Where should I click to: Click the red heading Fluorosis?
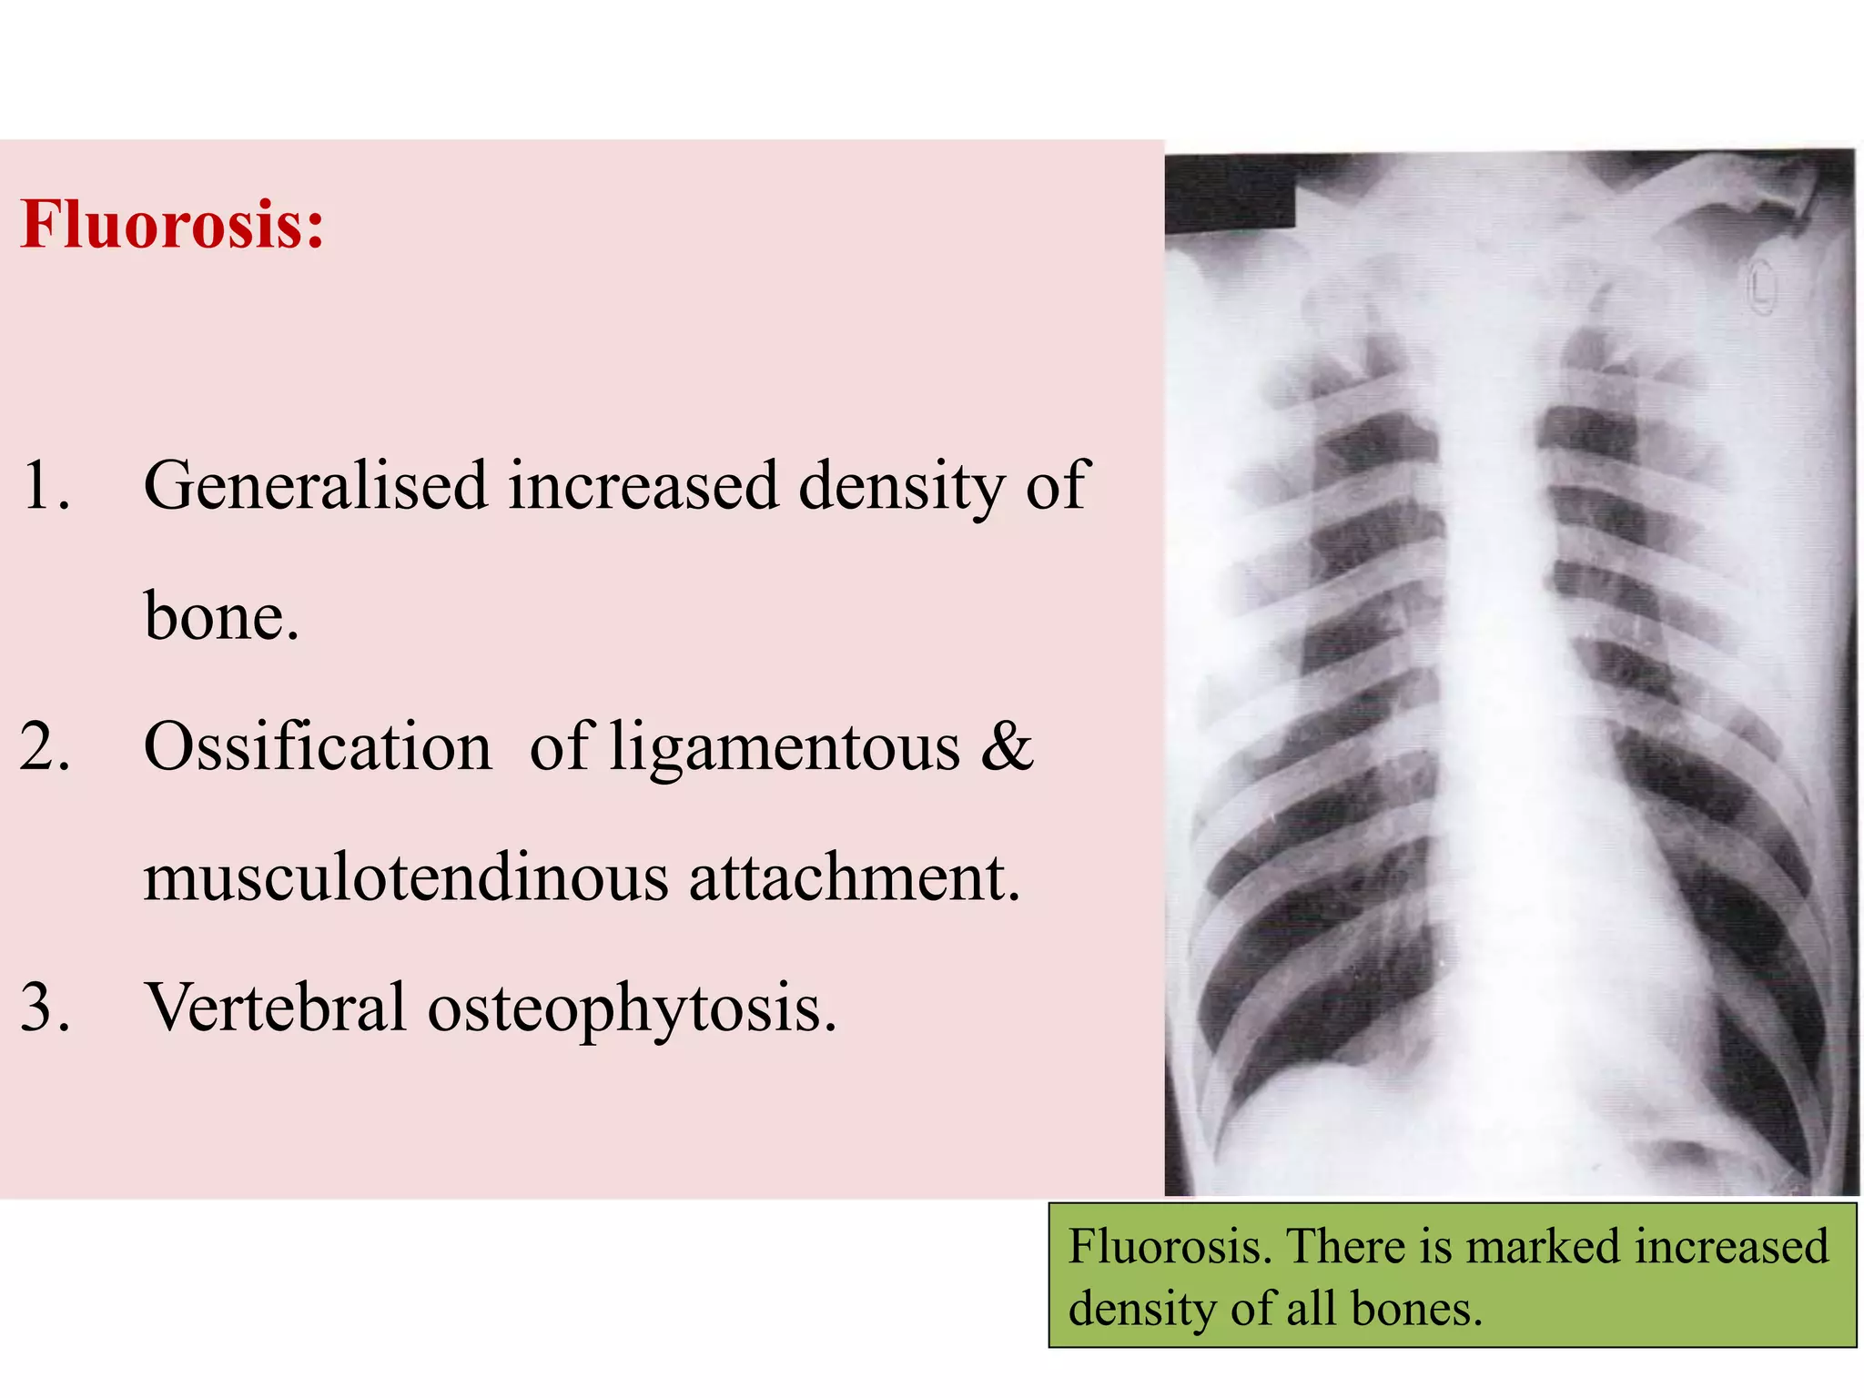tap(172, 224)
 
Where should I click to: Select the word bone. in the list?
tap(221, 616)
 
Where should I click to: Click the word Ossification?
tap(317, 747)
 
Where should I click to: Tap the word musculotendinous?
tap(405, 878)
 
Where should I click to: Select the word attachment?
tap(854, 878)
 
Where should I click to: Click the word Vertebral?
tap(276, 1008)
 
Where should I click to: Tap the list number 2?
tap(45, 747)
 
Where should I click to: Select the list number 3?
tap(45, 1008)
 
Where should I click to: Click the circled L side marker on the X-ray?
tap(1762, 287)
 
